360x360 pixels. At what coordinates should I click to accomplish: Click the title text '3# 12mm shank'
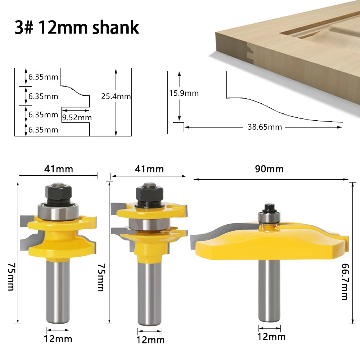[x=77, y=27]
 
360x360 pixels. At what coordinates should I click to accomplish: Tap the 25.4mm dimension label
[x=116, y=96]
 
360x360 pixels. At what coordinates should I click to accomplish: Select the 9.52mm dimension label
[x=77, y=117]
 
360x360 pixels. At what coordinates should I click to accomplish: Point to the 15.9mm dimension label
[x=184, y=93]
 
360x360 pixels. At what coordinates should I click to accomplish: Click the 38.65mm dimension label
[x=265, y=127]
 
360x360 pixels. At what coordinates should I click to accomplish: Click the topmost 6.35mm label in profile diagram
[x=43, y=77]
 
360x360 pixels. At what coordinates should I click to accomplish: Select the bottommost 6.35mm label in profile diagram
[x=43, y=130]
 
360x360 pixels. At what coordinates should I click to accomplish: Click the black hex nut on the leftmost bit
[x=58, y=192]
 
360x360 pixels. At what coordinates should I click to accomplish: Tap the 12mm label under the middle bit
[x=150, y=340]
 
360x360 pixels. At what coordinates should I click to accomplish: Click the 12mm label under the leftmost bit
[x=58, y=338]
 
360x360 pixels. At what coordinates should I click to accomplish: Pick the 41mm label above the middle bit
[x=149, y=169]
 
